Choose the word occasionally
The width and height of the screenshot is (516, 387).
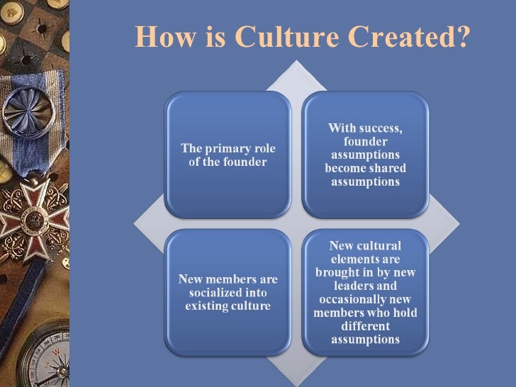click(x=349, y=299)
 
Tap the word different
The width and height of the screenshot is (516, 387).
click(x=365, y=326)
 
